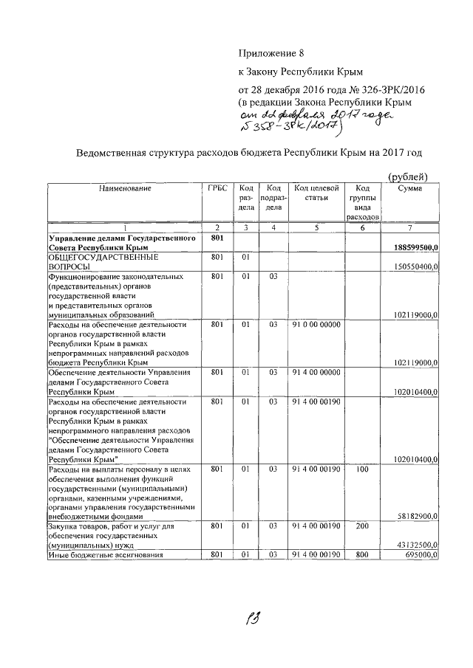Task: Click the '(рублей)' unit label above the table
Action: click(x=407, y=175)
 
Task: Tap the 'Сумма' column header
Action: click(x=410, y=189)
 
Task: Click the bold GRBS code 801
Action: click(x=217, y=238)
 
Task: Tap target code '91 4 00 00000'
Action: click(x=316, y=372)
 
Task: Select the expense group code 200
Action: click(x=361, y=526)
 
